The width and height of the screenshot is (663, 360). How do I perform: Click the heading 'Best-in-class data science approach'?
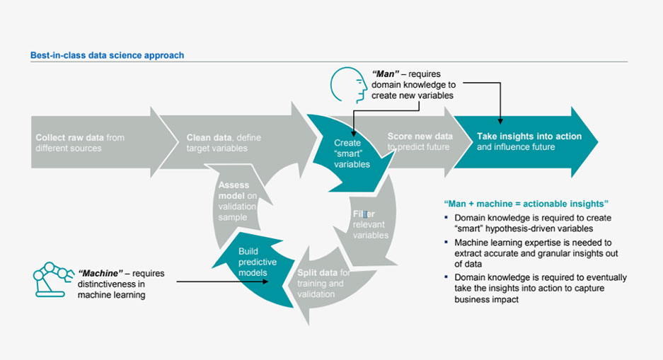107,55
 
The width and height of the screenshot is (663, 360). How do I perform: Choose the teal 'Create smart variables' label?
352,153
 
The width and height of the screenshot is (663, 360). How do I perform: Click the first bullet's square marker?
446,218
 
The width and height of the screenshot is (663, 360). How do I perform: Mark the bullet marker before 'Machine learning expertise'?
446,243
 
